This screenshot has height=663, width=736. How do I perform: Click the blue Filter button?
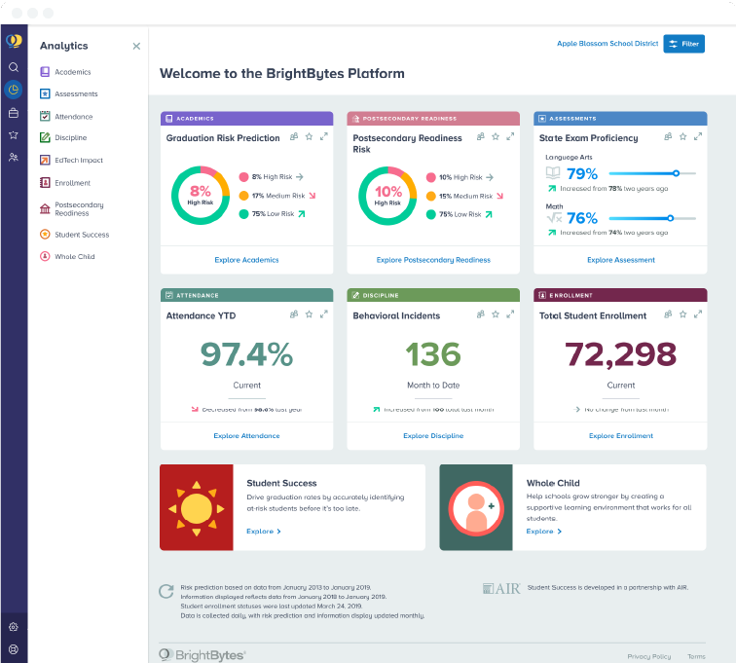pos(683,44)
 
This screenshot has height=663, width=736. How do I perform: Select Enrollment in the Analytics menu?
pos(72,183)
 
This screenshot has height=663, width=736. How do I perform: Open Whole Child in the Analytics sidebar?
pos(74,257)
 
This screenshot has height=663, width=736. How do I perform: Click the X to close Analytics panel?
pos(136,46)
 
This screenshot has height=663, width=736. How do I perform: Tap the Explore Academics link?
pos(246,260)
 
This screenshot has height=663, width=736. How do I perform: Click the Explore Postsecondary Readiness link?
pos(433,260)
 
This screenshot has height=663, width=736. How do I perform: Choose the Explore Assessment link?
pos(620,260)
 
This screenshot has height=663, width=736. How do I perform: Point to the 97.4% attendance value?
pos(246,353)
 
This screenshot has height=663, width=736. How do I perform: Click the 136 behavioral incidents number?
pos(433,353)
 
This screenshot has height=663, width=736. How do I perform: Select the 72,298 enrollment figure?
pos(620,353)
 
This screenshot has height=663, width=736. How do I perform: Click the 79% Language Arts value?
pos(581,174)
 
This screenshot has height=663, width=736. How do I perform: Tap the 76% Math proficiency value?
pos(581,218)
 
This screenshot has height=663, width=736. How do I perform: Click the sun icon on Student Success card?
pos(196,508)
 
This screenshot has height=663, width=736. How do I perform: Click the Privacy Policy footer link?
pos(648,656)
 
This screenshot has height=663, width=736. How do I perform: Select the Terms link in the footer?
pos(696,656)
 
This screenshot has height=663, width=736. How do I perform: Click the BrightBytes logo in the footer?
pos(202,655)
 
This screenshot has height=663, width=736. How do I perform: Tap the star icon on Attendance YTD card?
pos(309,314)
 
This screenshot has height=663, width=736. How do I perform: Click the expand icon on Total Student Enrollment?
pos(697,314)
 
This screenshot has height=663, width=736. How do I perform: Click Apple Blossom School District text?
pos(607,44)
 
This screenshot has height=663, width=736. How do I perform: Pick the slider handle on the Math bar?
pos(670,218)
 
